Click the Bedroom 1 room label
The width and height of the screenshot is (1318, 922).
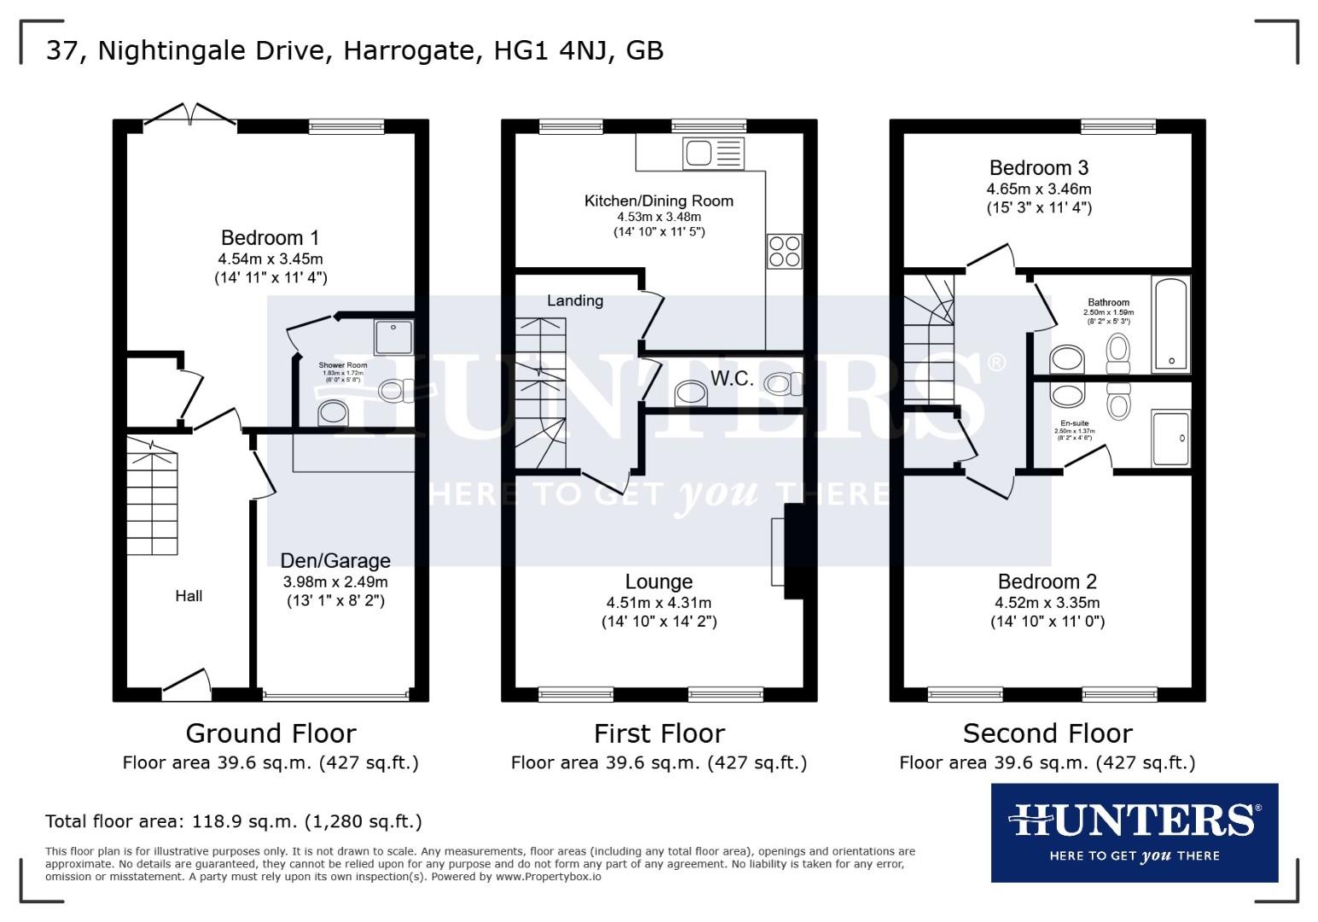click(x=271, y=238)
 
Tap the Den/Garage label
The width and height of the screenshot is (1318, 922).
click(x=335, y=561)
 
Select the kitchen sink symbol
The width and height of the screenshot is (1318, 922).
click(x=714, y=154)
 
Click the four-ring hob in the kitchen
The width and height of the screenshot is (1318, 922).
click(x=784, y=251)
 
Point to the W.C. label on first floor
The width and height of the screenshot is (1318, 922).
click(x=732, y=379)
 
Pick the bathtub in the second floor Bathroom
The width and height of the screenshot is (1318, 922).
click(x=1169, y=324)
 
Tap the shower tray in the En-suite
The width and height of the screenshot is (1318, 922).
click(x=1169, y=439)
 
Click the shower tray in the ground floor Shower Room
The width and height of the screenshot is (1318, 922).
click(x=393, y=336)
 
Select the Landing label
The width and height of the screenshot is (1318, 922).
click(x=574, y=301)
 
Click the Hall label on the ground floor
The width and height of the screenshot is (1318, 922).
click(x=189, y=596)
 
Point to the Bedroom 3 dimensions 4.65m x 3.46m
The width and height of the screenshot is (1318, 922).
click(x=1039, y=189)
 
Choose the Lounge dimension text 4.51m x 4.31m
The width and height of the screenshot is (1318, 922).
click(x=658, y=603)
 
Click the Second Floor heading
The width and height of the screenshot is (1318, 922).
click(x=1047, y=733)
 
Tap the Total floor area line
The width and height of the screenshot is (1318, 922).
click(x=233, y=822)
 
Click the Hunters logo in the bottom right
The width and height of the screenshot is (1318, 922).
click(x=1134, y=832)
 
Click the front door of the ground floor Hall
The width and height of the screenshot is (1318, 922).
click(x=187, y=683)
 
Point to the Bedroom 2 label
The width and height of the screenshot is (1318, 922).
click(x=1047, y=582)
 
